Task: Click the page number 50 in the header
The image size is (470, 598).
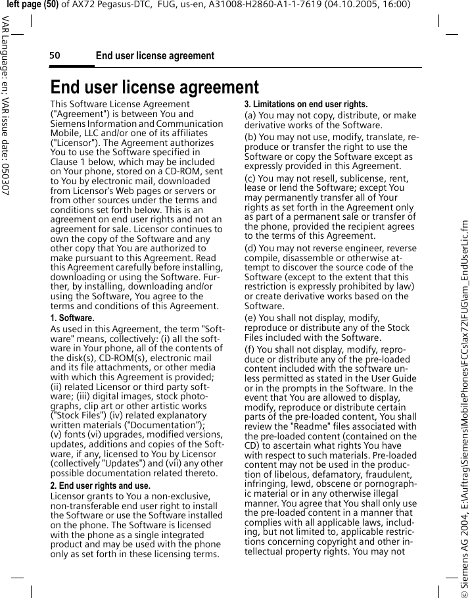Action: click(x=55, y=56)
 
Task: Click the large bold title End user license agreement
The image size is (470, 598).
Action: click(x=154, y=87)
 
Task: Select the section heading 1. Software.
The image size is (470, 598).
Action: click(x=72, y=318)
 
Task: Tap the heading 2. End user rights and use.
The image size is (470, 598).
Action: click(x=101, y=486)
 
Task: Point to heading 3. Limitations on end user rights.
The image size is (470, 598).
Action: click(x=306, y=105)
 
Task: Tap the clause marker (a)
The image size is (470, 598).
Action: click(x=251, y=116)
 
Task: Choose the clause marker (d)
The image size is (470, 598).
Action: click(x=251, y=248)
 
